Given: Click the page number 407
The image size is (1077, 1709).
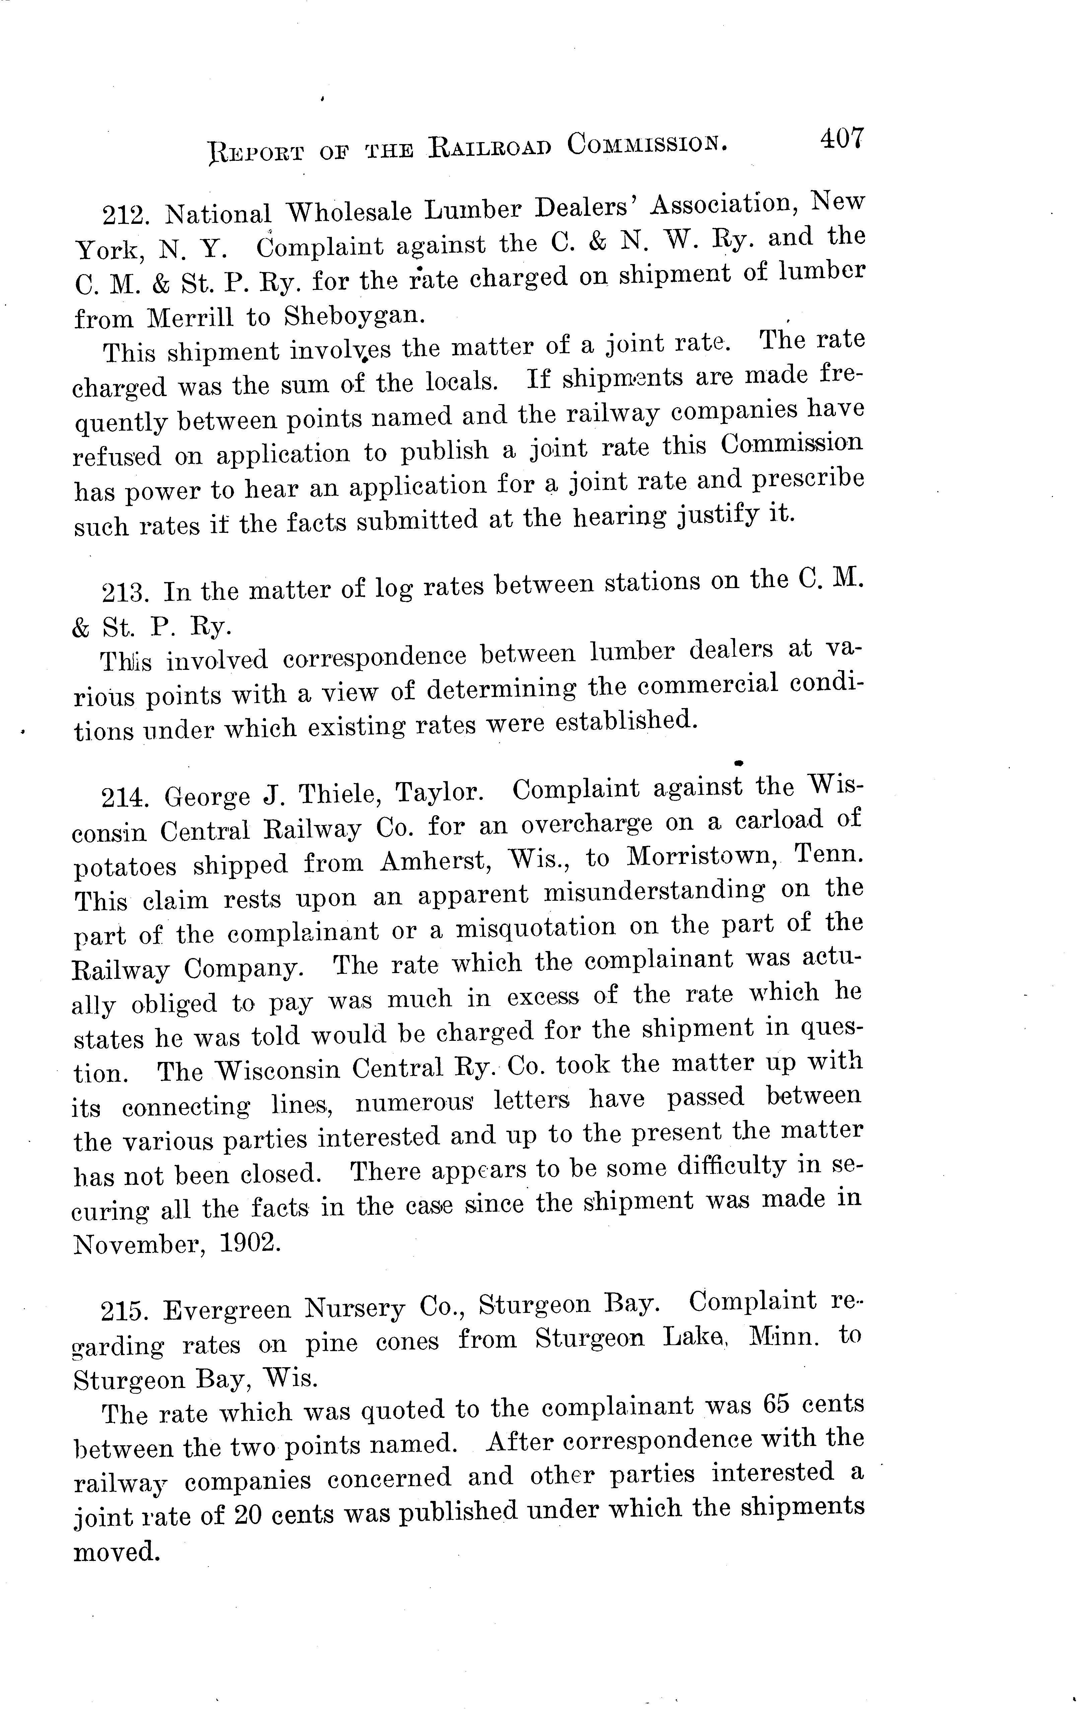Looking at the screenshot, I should [842, 138].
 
